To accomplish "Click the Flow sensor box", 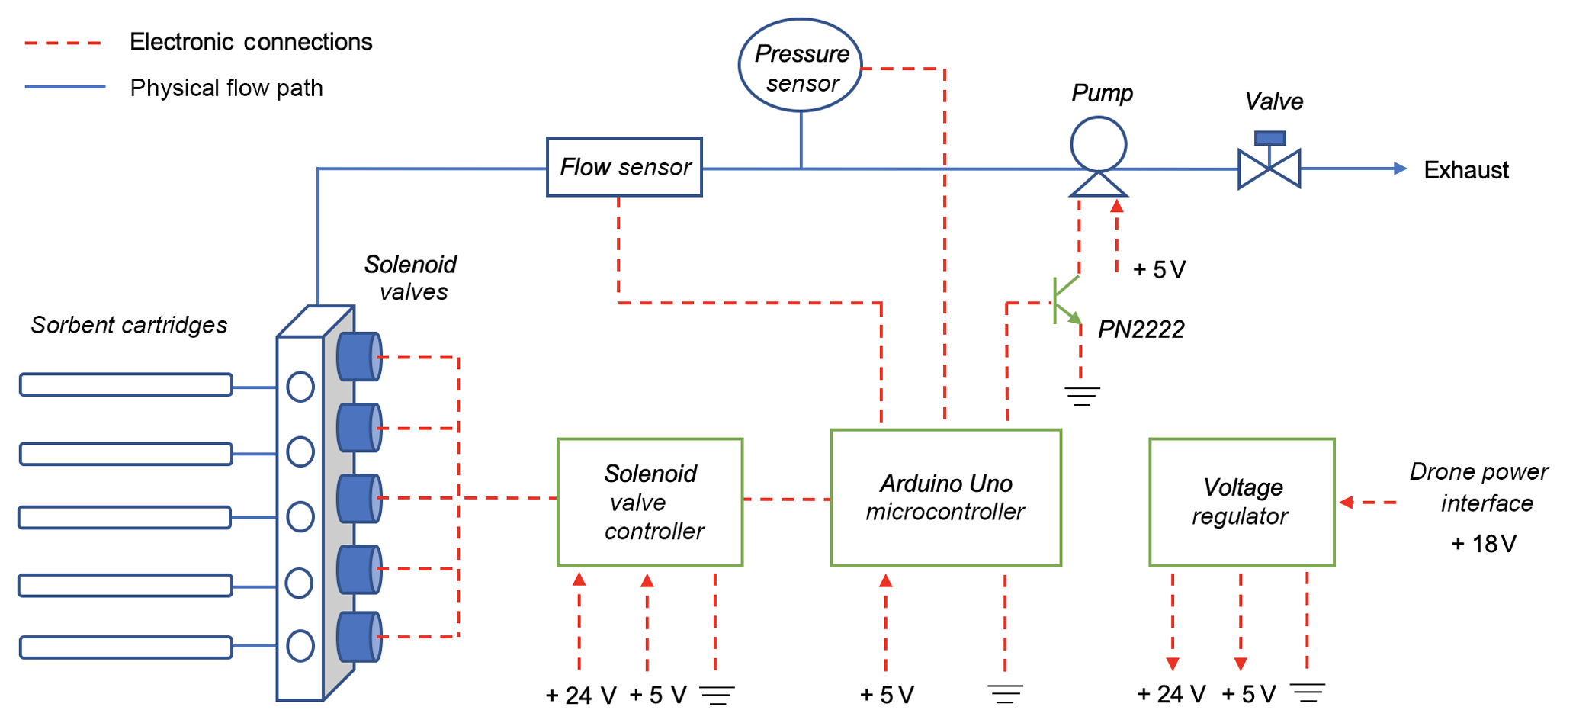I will click(624, 167).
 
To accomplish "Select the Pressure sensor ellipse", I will click(801, 66).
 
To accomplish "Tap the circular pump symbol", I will click(1098, 144).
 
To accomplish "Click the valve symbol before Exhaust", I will click(1269, 168).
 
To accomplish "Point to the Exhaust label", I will click(1465, 170).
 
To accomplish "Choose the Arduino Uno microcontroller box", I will click(945, 498).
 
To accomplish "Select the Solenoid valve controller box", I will click(650, 502).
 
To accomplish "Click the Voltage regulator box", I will click(1241, 502).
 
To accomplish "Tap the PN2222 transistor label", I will click(1141, 329).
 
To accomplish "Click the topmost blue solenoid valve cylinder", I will click(358, 356).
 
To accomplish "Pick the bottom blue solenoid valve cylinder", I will click(358, 637).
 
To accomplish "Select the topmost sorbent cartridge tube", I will click(126, 384).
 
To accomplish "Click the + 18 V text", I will click(1483, 544).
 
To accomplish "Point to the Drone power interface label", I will click(1479, 487).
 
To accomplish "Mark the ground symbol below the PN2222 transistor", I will click(1082, 396).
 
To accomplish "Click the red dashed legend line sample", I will click(63, 43).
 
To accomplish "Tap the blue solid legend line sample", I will click(65, 88).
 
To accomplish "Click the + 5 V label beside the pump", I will click(1159, 270).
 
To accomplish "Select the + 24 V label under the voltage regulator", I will click(1171, 694).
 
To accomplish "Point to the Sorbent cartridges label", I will click(129, 326).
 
